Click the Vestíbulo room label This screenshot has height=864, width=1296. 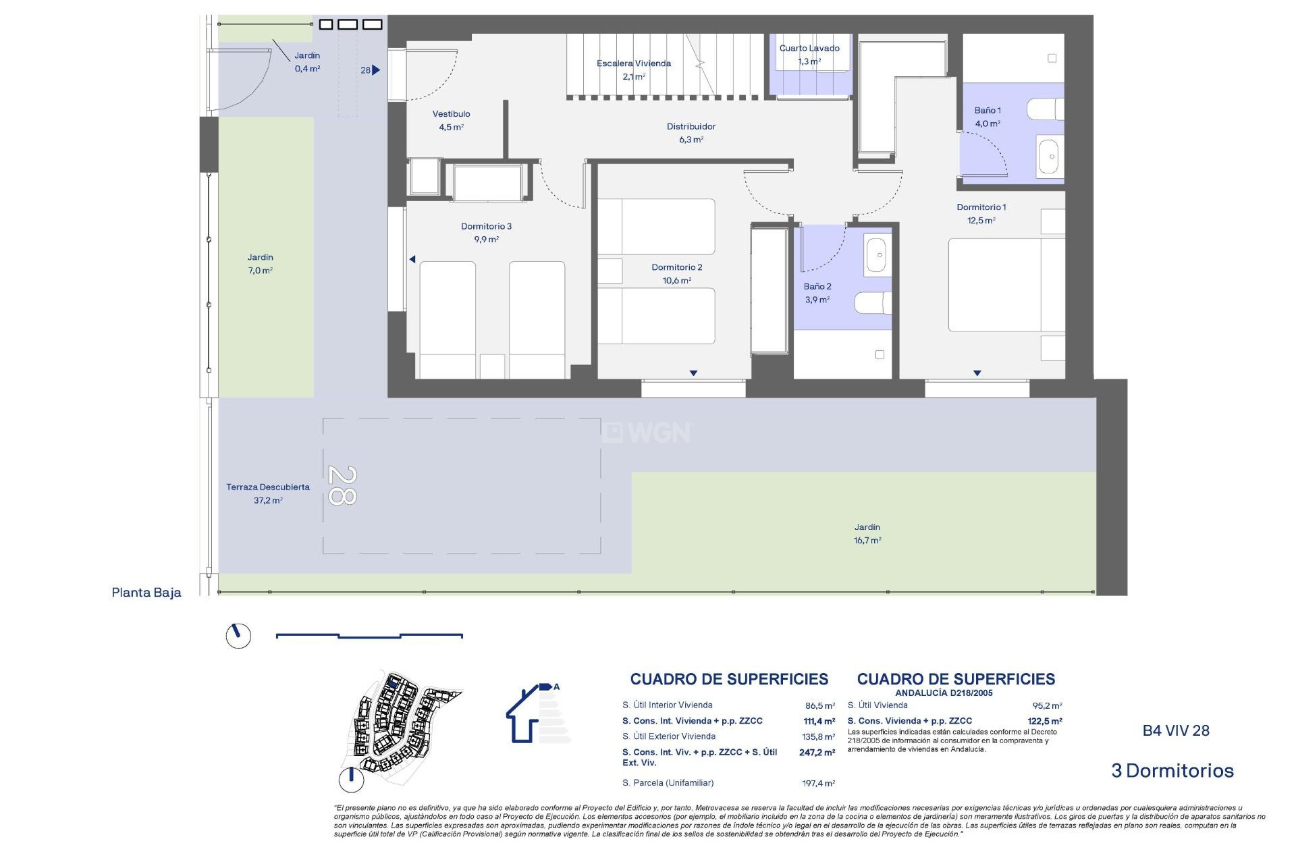(451, 114)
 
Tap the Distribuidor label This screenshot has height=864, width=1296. (691, 126)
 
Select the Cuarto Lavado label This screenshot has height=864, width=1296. (809, 48)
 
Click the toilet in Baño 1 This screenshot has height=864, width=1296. (1045, 109)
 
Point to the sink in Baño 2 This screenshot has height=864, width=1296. (876, 255)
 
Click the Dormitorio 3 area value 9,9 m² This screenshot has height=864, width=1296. (486, 240)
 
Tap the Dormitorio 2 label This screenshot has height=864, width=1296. (676, 267)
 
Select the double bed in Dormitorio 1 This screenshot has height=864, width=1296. (1006, 284)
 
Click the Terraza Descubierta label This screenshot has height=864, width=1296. (268, 487)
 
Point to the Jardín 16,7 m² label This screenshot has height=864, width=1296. (867, 533)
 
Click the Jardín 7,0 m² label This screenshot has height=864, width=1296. (260, 263)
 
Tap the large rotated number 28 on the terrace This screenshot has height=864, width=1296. (342, 485)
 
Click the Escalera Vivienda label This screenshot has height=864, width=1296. (633, 63)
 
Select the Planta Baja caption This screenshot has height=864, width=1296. (146, 593)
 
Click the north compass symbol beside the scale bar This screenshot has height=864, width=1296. (238, 636)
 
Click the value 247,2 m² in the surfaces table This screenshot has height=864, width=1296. (817, 752)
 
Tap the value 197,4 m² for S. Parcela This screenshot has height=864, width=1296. (818, 784)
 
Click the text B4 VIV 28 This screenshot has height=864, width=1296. (1175, 730)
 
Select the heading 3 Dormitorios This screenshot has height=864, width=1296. (1172, 770)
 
